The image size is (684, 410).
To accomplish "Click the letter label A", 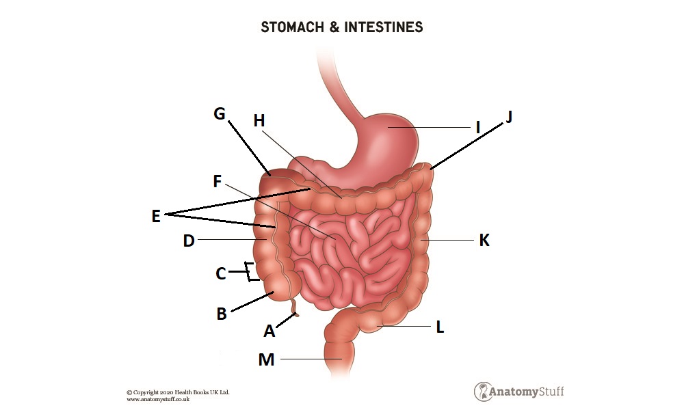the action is coord(269,331).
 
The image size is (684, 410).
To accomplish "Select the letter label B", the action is coord(222,314).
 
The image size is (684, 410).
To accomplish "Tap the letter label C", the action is coord(220,273).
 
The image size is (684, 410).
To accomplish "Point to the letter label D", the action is coord(189,241).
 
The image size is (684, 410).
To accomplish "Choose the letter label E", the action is coord(155,216).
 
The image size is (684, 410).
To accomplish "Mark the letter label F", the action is coord(218,181).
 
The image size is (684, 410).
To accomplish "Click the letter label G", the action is coord(220,113).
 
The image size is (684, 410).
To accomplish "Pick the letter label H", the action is coord(259,121).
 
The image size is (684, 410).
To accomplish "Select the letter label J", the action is coord(508,117).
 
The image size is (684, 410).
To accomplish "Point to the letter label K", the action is coord(484,241).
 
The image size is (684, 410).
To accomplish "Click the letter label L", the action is coord(440,327).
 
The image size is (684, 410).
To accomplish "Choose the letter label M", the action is coord(266,359).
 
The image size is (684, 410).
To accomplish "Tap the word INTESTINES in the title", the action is coord(384,27).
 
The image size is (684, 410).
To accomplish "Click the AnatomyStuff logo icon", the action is coord(484,392).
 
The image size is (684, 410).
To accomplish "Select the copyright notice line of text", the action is coord(178,392).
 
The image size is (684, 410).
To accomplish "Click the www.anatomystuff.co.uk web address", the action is coord(158,399).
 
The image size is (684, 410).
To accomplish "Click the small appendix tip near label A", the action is coord(296,315).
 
